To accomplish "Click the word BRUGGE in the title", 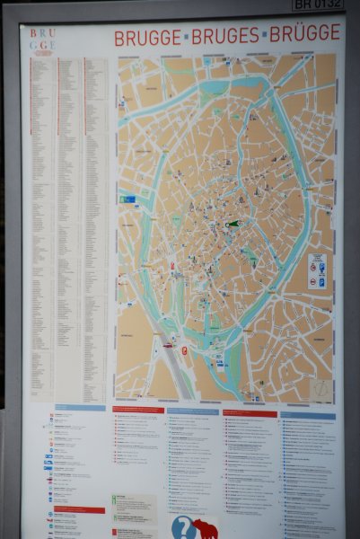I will point(146,38).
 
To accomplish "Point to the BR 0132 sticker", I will point(318,4).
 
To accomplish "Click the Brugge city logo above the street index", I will point(42,42).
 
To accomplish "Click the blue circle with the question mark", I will point(182,527).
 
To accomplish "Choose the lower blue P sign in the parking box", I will point(321,282).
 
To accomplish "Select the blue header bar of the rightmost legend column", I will point(307,416).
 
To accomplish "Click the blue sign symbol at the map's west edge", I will point(128,199).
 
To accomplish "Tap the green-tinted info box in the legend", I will point(134,506).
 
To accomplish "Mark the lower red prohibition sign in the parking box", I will point(312,282).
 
